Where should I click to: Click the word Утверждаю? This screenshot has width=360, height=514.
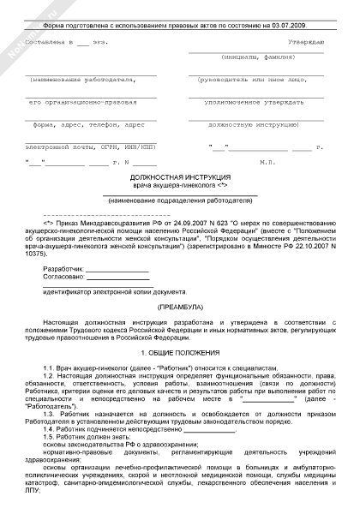pos(306,41)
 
